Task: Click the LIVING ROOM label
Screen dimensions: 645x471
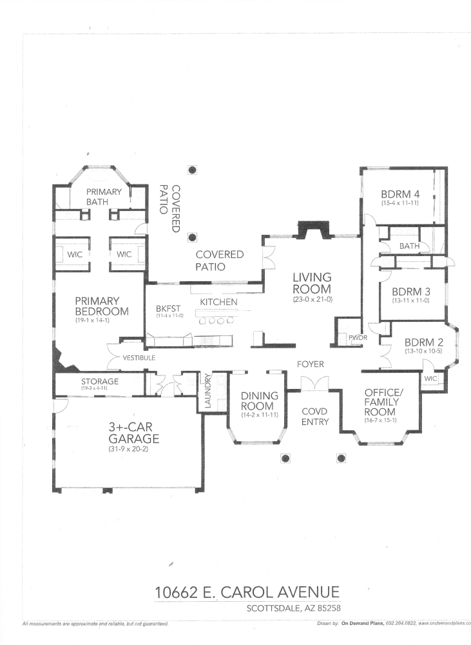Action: [311, 284]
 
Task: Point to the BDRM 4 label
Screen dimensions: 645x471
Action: [399, 193]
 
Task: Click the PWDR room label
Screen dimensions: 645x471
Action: [357, 337]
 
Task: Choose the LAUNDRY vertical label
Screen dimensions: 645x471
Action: [207, 391]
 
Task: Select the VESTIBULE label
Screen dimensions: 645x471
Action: [139, 357]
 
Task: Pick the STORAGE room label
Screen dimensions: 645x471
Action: [99, 381]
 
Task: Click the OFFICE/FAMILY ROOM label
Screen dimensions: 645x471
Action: [382, 402]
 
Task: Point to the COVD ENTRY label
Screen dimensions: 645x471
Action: [315, 417]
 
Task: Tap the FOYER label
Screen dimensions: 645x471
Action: [310, 364]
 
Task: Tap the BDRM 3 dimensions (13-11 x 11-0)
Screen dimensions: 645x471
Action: [410, 301]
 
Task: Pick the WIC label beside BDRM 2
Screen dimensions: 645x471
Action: [430, 379]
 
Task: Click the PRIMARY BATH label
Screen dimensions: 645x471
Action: [104, 197]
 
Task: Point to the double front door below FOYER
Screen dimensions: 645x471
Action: [315, 383]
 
